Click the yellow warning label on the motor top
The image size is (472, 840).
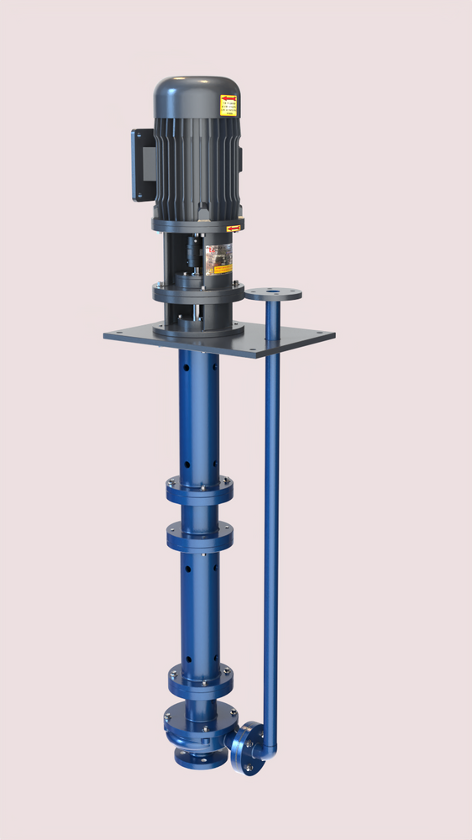pos(228,104)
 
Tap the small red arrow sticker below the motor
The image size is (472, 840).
pos(233,228)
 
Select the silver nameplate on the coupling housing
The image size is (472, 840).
pos(220,259)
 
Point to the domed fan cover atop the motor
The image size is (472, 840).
pos(197,94)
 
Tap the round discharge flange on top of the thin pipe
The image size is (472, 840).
pos(273,295)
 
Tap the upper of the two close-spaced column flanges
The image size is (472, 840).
pos(199,489)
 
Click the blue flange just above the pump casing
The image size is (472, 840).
pos(200,677)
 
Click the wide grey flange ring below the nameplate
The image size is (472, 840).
pos(197,293)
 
